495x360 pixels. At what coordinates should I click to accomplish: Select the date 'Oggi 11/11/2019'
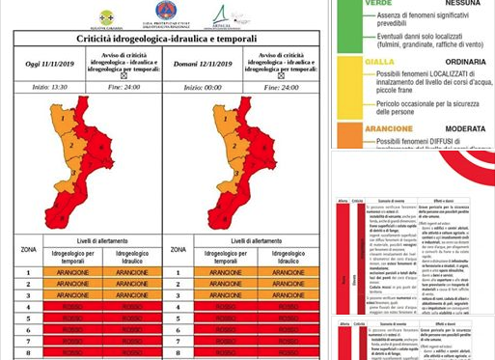point(49,64)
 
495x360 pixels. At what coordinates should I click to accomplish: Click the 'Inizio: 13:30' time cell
point(50,87)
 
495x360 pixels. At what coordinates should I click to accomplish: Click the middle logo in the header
point(166,14)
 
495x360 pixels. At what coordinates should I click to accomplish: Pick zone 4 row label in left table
point(29,307)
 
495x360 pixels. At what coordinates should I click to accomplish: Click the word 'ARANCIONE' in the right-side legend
point(362,128)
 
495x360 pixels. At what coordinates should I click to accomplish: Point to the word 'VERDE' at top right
point(350,4)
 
